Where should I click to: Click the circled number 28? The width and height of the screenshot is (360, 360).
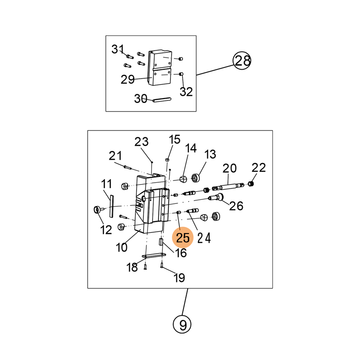click(x=242, y=60)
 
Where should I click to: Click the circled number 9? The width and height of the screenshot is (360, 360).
click(x=182, y=324)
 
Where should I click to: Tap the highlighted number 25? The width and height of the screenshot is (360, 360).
click(x=183, y=237)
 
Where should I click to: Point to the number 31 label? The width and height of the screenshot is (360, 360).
click(x=117, y=49)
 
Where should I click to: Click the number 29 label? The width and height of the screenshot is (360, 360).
click(x=128, y=80)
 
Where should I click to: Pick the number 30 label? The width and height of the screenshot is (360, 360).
click(x=141, y=99)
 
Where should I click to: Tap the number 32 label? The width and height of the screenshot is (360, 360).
click(x=186, y=92)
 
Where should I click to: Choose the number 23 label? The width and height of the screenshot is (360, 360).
click(x=141, y=142)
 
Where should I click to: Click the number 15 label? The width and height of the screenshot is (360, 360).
click(x=174, y=139)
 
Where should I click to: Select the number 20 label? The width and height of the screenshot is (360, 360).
click(x=229, y=168)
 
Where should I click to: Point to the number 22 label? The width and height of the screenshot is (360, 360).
click(x=259, y=168)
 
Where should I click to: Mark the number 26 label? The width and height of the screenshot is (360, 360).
click(x=237, y=206)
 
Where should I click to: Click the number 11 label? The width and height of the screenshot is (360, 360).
click(x=106, y=184)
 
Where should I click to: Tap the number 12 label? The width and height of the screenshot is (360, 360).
click(x=106, y=230)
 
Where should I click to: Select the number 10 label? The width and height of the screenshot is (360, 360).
click(x=121, y=247)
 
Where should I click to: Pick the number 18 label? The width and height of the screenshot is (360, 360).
click(x=132, y=268)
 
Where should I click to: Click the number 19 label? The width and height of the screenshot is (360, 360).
click(x=179, y=278)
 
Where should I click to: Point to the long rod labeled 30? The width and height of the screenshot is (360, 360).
click(x=160, y=100)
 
